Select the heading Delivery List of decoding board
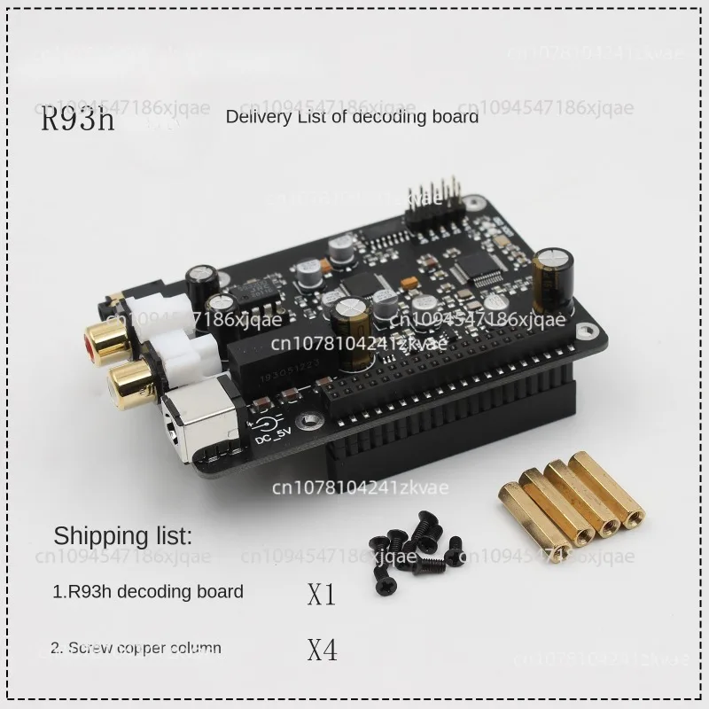tap(352, 116)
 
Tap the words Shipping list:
tap(122, 534)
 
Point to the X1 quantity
tap(322, 593)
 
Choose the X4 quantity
tap(322, 651)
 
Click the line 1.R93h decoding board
tap(147, 591)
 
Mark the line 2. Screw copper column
tap(136, 648)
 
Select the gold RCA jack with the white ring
tap(129, 381)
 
